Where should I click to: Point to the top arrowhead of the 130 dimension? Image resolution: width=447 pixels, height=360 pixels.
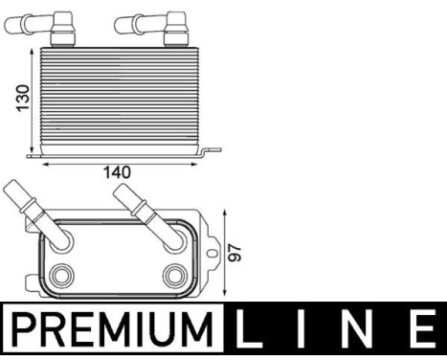[x=34, y=46]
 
